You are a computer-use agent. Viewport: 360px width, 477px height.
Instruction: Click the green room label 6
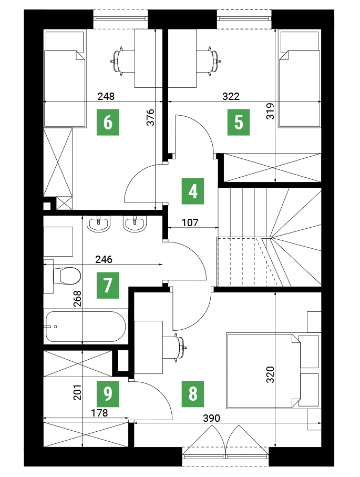pyautogui.click(x=108, y=122)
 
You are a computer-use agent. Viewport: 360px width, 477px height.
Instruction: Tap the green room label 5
pyautogui.click(x=239, y=122)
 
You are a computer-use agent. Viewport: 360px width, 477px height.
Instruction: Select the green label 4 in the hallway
pyautogui.click(x=193, y=191)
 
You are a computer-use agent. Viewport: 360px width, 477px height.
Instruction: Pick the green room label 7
pyautogui.click(x=108, y=286)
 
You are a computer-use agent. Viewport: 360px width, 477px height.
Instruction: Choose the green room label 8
pyautogui.click(x=193, y=394)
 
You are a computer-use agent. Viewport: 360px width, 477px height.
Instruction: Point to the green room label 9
pyautogui.click(x=108, y=394)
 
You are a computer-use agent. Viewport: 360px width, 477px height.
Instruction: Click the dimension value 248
pyautogui.click(x=106, y=96)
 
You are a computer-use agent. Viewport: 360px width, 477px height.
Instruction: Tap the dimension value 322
pyautogui.click(x=231, y=96)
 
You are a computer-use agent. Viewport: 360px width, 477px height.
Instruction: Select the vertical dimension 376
pyautogui.click(x=150, y=117)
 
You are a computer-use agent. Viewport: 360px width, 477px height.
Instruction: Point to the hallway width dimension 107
pyautogui.click(x=190, y=222)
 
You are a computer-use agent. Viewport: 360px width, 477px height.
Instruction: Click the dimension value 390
pyautogui.click(x=211, y=418)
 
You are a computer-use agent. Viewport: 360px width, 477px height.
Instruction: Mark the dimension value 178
pyautogui.click(x=100, y=413)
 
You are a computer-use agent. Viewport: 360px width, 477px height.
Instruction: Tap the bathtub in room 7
pyautogui.click(x=85, y=327)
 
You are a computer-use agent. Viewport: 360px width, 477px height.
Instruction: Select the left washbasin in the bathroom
pyautogui.click(x=98, y=224)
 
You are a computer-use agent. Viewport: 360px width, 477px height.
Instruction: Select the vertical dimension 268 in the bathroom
pyautogui.click(x=78, y=298)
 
